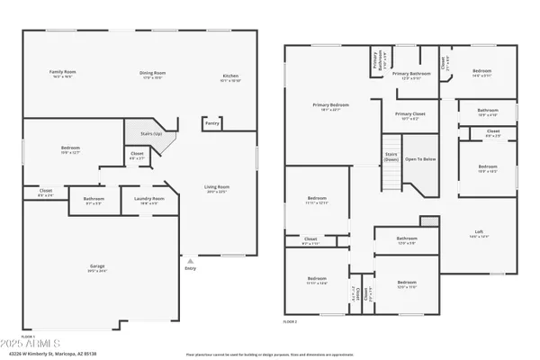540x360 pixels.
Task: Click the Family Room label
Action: [61, 71]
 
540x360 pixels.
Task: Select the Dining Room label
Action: [152, 73]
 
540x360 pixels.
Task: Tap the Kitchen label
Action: [231, 76]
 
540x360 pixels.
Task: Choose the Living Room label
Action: [217, 187]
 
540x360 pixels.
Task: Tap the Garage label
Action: [97, 265]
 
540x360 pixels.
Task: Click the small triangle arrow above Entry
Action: [190, 261]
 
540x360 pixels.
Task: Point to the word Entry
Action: [190, 268]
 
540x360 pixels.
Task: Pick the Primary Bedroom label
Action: [330, 105]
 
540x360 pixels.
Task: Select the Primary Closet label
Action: [409, 114]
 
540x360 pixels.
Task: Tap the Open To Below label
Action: [420, 159]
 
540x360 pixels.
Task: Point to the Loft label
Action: [479, 231]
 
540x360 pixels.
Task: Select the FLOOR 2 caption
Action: [290, 320]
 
